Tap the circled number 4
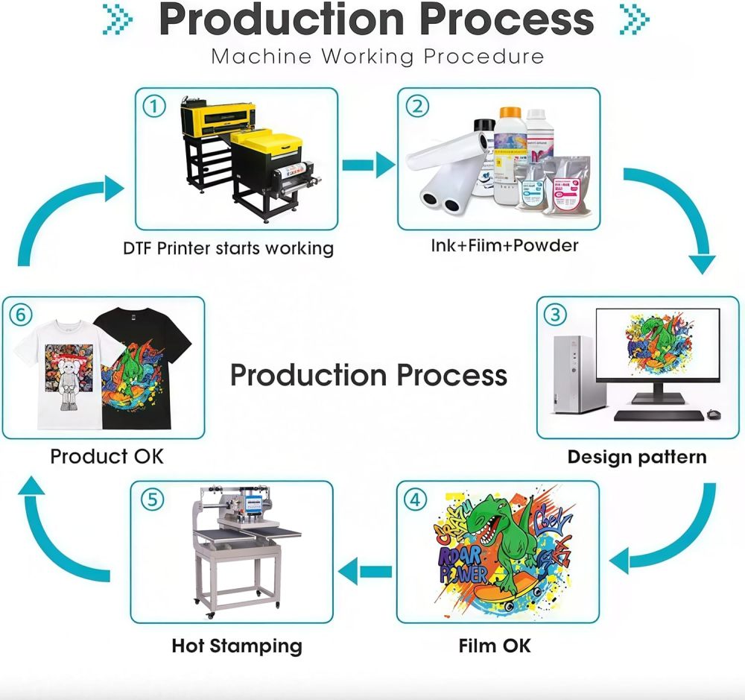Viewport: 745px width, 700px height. tap(416, 499)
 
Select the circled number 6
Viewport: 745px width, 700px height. tap(21, 315)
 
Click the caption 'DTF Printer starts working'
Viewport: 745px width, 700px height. tap(228, 247)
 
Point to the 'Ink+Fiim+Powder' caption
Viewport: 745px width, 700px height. tap(504, 245)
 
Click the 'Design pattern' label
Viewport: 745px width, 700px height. tap(636, 456)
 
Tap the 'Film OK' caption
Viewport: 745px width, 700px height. tap(495, 645)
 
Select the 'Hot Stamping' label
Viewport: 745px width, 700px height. tap(237, 645)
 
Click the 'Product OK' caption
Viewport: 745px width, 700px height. tap(107, 455)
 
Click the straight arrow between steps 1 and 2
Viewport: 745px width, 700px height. tap(369, 165)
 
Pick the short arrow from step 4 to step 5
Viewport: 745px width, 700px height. tap(365, 572)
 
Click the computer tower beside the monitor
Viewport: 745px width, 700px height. tap(574, 373)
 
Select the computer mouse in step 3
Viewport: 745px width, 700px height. tap(714, 414)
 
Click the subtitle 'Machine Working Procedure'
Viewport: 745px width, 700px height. tap(377, 56)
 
